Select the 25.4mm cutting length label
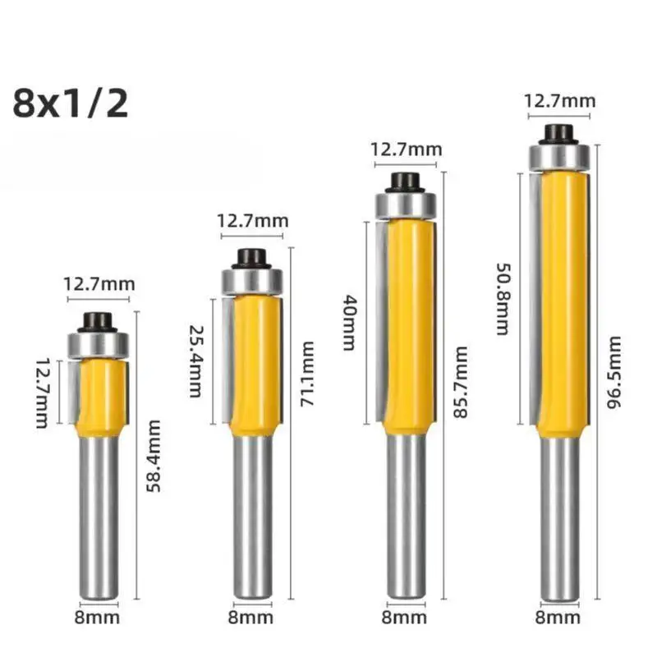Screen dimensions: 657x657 coord(195,361)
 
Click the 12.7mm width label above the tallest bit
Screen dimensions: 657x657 coord(560,102)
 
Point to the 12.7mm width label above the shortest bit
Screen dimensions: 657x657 coord(99,284)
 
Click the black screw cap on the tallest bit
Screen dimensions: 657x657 coord(559,132)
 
